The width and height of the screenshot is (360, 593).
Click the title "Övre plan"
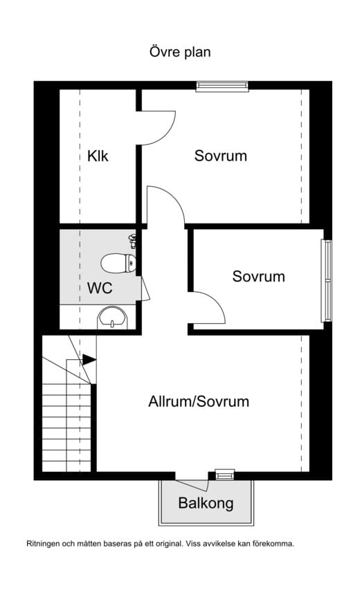pos(180,52)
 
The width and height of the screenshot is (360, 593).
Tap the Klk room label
pos(98,156)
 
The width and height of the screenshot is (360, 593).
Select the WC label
pos(100,288)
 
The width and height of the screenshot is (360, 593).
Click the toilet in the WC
pos(118,263)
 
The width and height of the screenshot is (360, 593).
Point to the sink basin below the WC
pos(112,318)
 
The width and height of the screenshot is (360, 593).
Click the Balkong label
pos(206,503)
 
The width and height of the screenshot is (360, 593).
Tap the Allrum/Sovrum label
pos(199,401)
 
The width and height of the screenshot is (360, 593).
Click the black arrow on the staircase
pos(89,360)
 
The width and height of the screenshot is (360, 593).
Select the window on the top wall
pos(222,86)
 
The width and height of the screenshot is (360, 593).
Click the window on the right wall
pos(326,281)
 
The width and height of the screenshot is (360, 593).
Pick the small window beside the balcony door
pos(225,475)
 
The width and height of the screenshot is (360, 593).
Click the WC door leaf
pos(145,289)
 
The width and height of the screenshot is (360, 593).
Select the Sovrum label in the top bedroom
pos(221,156)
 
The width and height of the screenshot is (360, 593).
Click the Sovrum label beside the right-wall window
pos(258,277)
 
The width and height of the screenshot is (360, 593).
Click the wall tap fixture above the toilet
pos(132,241)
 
